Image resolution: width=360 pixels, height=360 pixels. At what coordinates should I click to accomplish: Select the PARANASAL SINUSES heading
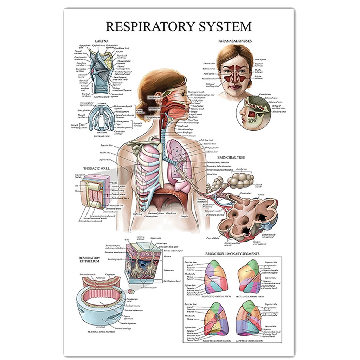click(235, 41)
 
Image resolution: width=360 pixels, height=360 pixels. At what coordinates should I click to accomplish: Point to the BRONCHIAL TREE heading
click(230, 158)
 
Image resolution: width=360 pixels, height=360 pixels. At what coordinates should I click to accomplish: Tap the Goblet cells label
click(156, 238)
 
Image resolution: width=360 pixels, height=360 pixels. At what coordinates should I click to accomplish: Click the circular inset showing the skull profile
click(253, 114)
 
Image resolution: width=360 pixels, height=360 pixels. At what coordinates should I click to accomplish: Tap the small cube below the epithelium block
click(130, 291)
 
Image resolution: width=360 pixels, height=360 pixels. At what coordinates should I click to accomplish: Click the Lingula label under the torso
click(183, 216)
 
